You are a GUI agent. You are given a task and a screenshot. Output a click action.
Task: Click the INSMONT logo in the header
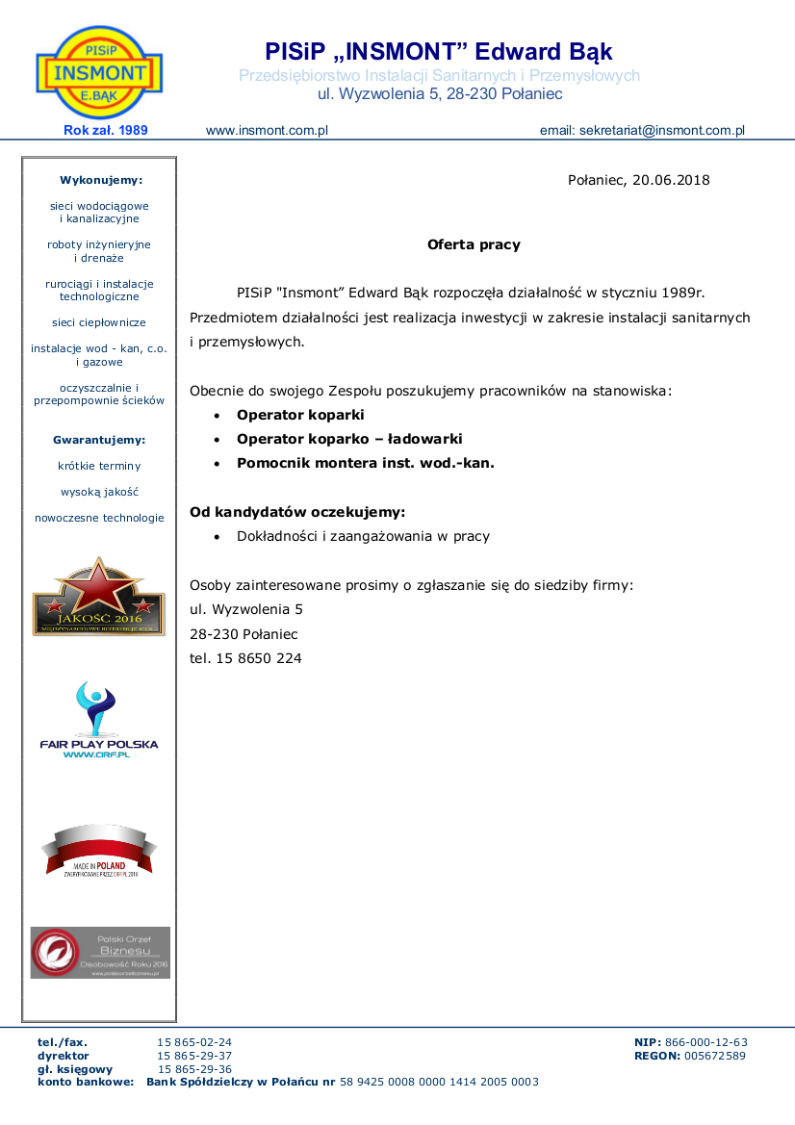pos(99,72)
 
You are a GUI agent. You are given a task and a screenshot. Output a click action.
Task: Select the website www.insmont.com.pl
pos(268,130)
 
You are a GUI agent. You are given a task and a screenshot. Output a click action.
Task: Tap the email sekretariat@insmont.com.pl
pos(661,130)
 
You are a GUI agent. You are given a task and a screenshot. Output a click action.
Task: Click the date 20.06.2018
pos(671,180)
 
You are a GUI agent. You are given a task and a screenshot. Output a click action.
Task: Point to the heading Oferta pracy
pos(474,244)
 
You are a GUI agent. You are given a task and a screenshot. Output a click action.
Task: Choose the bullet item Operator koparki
pos(300,415)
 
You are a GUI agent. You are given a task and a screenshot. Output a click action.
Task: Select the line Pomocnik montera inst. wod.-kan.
pos(366,463)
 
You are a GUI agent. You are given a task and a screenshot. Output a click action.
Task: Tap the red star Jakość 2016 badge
pos(99,596)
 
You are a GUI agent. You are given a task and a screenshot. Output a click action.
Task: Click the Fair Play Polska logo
pos(98,721)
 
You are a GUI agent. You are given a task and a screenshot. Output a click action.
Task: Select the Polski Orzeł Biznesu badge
pos(100,953)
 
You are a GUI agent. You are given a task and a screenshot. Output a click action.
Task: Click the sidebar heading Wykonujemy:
pos(100,180)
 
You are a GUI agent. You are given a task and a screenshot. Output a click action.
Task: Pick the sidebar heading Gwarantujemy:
pos(99,440)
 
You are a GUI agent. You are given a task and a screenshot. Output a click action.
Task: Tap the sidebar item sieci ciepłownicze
pos(99,323)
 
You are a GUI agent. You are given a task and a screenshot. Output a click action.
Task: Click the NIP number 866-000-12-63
pos(705,1042)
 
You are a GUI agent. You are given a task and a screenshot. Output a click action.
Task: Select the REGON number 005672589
pos(714,1056)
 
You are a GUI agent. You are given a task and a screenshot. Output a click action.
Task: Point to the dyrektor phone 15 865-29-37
pos(195,1056)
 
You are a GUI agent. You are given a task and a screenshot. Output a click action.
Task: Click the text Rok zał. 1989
pos(106,130)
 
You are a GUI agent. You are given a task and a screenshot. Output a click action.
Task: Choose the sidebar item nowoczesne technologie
pos(99,518)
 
